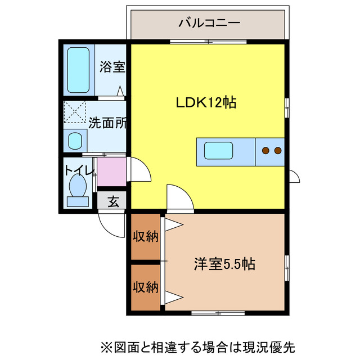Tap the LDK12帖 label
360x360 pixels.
(205, 102)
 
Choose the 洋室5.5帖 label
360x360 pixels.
(225, 263)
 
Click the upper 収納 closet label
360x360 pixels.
(145, 236)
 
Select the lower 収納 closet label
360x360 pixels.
(145, 287)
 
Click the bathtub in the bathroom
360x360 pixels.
(78, 70)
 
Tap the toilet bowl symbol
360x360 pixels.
(78, 183)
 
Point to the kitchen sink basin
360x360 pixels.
(218, 151)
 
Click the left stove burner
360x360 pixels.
(265, 150)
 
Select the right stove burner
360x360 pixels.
(277, 150)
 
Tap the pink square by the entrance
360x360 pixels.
(111, 172)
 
